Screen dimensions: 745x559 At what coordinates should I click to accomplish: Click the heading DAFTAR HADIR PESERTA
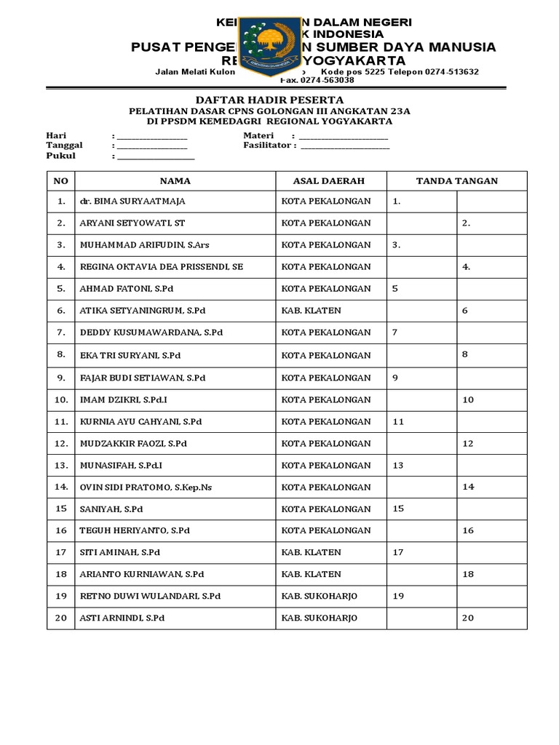point(270,99)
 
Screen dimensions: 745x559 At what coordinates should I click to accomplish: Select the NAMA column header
point(175,180)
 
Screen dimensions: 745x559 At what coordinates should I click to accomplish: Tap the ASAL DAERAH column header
point(328,180)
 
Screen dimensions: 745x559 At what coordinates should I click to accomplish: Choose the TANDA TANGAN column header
point(456,180)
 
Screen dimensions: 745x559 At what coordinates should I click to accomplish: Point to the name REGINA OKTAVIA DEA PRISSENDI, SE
point(161,267)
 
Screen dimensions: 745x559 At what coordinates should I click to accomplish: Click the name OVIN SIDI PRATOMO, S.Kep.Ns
point(146,487)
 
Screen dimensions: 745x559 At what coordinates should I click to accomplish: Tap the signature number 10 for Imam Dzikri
point(468,399)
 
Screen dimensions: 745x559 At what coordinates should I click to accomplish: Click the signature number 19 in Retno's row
point(398,596)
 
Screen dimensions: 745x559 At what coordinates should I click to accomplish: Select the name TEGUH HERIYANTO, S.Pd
point(135,530)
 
